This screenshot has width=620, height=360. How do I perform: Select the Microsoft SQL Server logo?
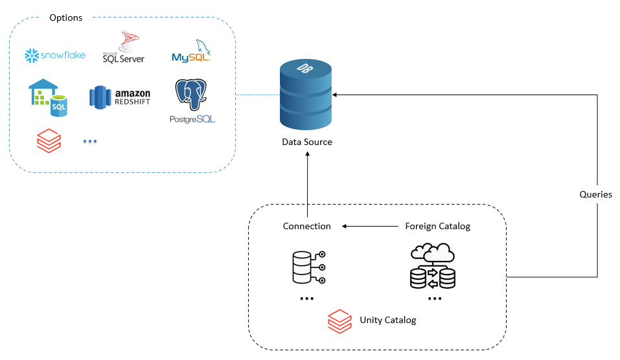[x=123, y=49]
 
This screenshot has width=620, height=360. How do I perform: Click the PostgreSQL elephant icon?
[x=192, y=96]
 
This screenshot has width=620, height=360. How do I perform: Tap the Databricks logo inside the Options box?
[x=48, y=139]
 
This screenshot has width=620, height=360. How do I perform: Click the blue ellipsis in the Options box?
[x=90, y=141]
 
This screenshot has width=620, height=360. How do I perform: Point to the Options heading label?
[x=66, y=17]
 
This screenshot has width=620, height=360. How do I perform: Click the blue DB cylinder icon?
[x=306, y=94]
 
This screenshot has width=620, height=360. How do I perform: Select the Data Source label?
[x=306, y=142]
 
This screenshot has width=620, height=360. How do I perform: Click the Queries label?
[x=596, y=194]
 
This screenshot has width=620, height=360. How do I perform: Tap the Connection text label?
[x=306, y=226]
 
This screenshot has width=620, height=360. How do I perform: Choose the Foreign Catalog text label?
[x=437, y=226]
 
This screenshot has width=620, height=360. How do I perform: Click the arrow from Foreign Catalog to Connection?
[x=369, y=227]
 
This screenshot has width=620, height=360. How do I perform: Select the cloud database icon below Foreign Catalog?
[x=433, y=266]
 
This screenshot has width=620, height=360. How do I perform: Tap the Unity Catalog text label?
[x=387, y=320]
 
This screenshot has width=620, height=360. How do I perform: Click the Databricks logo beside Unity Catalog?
[x=339, y=320]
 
